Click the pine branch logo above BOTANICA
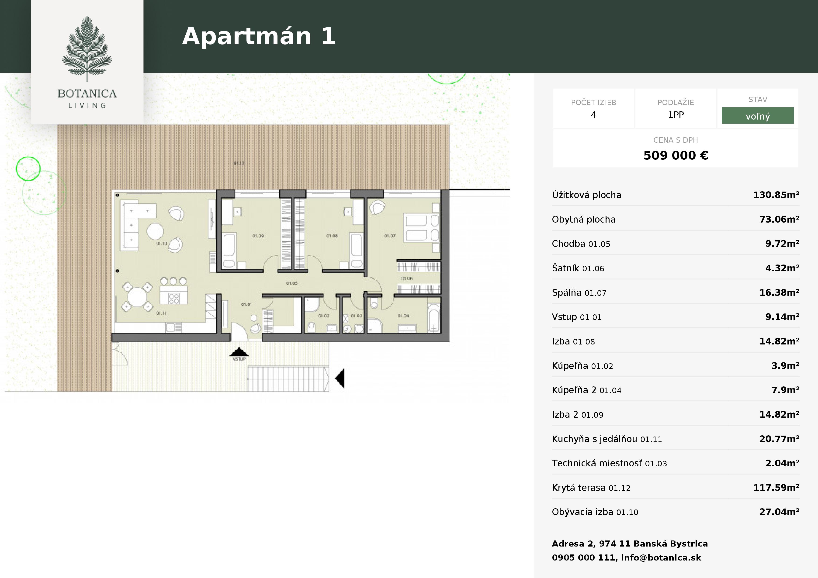[x=87, y=48]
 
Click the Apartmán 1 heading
[x=258, y=36]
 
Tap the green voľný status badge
[x=757, y=116]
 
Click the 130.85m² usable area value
[x=776, y=195]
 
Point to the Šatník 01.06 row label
[x=578, y=268]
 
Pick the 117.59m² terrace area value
[x=776, y=488]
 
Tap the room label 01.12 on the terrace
[x=239, y=163]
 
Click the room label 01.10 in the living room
[x=161, y=244]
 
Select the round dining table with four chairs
[x=137, y=297]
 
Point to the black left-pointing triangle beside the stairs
[x=340, y=378]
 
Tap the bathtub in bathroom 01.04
[x=433, y=318]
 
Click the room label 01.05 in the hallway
[x=292, y=283]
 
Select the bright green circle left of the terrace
[x=28, y=169]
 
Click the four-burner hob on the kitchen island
[x=173, y=298]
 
